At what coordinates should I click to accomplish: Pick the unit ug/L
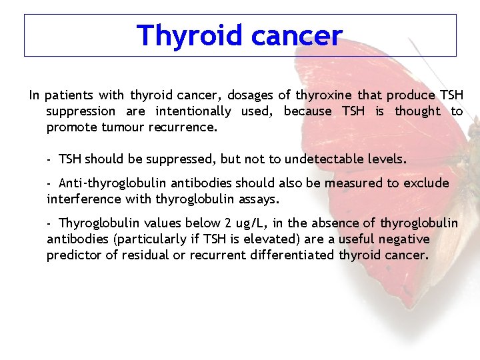click(x=252, y=223)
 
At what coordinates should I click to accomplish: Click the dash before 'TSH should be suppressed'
click(x=50, y=159)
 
